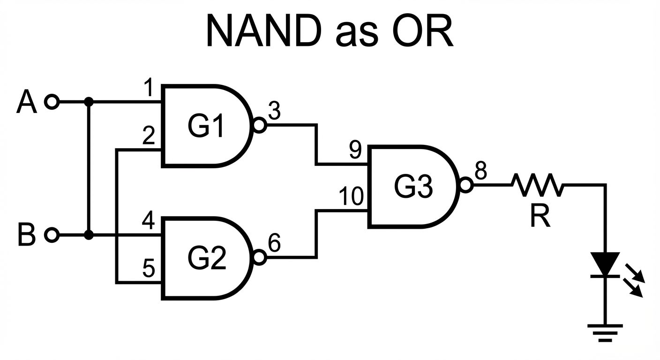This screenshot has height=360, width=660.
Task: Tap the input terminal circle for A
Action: tap(52, 101)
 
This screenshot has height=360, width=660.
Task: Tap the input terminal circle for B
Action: tap(52, 234)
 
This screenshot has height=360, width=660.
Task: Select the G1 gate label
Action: tap(207, 126)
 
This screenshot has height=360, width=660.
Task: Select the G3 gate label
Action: tap(413, 186)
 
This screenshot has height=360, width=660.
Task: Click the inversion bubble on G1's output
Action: tap(259, 125)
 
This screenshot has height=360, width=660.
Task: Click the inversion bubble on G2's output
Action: tap(259, 257)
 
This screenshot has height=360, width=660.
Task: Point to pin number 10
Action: tap(351, 197)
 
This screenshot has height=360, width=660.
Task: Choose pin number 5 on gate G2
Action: tap(149, 269)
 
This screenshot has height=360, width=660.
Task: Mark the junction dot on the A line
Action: tap(88, 101)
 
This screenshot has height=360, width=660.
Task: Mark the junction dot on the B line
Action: tap(88, 234)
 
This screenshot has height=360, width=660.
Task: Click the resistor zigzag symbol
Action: tap(538, 185)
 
